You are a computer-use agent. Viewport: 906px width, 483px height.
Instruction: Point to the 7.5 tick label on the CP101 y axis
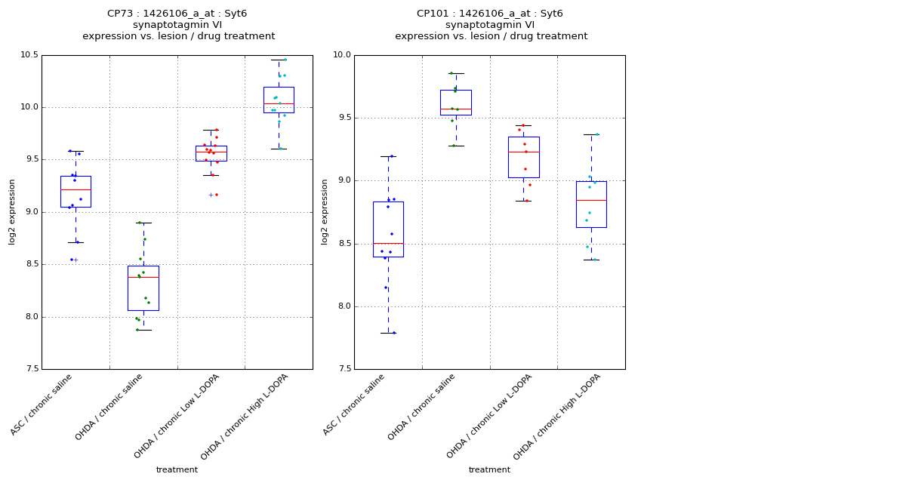pyautogui.click(x=342, y=369)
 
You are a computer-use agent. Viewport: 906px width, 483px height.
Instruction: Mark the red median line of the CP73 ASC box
pyautogui.click(x=75, y=189)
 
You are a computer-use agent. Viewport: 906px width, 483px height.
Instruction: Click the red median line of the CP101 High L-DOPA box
pyautogui.click(x=591, y=200)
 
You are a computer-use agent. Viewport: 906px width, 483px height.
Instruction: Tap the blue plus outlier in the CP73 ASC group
pyautogui.click(x=75, y=260)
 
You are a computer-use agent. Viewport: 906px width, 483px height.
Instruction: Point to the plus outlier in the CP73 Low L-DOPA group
pyautogui.click(x=211, y=195)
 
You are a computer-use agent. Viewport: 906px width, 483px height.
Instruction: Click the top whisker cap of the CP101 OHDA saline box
pyautogui.click(x=456, y=73)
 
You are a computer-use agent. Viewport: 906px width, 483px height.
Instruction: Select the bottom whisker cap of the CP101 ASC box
pyautogui.click(x=388, y=333)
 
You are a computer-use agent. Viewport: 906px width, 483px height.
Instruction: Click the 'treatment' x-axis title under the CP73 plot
pyautogui.click(x=177, y=469)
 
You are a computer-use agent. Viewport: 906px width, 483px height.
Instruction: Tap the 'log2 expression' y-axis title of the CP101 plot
pyautogui.click(x=325, y=212)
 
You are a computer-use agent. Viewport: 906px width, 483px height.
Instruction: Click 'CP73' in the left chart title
pyautogui.click(x=120, y=14)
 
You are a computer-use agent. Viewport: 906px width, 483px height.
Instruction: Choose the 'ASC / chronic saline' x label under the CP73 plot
pyautogui.click(x=43, y=405)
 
